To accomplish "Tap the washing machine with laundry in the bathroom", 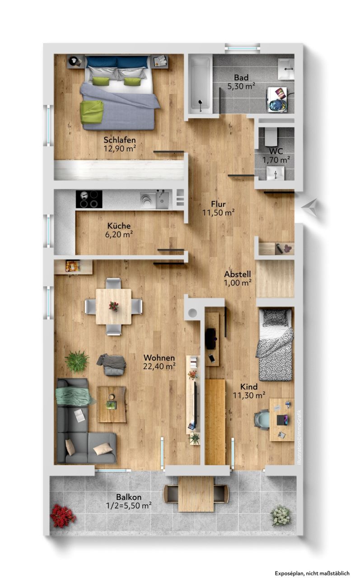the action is tap(278, 100).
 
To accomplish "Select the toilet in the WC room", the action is tap(271, 136).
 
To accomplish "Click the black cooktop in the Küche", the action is tap(89, 199).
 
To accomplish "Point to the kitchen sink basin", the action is tap(162, 201).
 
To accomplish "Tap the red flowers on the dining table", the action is tap(114, 306).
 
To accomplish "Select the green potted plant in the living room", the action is tap(77, 361).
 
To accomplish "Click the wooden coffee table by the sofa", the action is tap(112, 404).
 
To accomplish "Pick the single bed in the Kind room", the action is tap(275, 345).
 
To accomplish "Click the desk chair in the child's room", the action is tap(262, 420).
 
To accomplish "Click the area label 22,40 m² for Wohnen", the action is tap(159, 366).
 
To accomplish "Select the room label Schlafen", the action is tap(120, 140).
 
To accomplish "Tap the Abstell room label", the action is tap(238, 274).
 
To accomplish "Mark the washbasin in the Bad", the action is tap(286, 69).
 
